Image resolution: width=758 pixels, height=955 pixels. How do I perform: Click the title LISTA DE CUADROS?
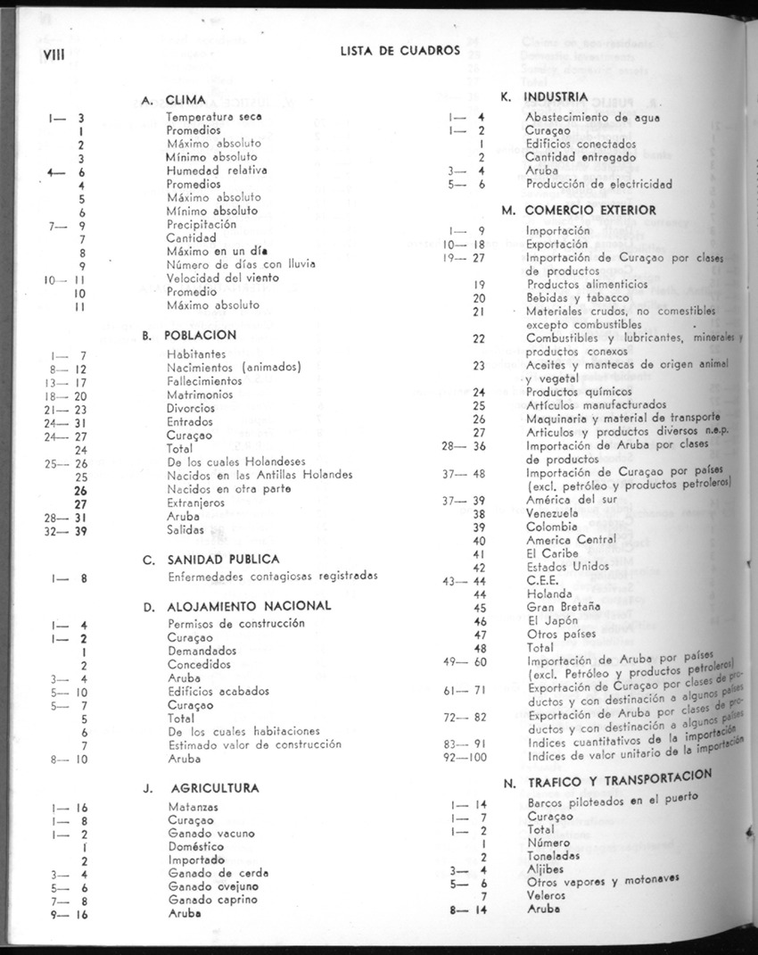coord(400,51)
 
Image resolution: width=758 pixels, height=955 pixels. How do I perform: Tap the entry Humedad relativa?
coord(217,170)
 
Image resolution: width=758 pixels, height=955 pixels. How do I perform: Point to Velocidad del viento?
coord(222,278)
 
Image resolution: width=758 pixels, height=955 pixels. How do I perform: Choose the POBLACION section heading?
coord(201,336)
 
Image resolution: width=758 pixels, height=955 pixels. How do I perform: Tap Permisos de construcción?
coord(235,623)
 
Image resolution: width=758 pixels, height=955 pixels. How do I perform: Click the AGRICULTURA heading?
coord(214,788)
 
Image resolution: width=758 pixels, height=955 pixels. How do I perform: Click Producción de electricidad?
coord(598,184)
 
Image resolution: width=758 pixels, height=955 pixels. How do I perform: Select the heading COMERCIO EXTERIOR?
coord(590,211)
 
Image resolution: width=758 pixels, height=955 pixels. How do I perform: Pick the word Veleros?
coord(546,895)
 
